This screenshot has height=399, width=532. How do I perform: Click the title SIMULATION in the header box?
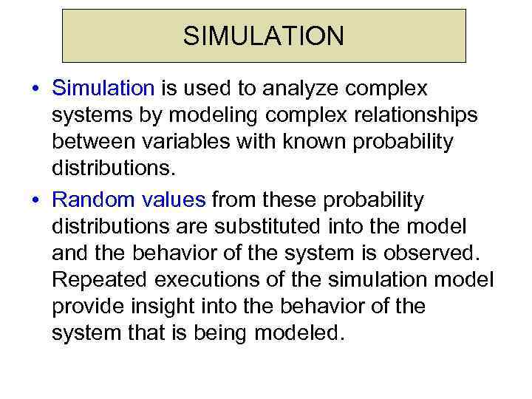coord(264,35)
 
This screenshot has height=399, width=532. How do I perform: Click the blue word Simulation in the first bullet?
coord(103,89)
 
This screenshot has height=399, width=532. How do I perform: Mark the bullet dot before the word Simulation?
coord(35,89)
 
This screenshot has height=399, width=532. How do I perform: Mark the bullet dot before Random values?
coord(35,200)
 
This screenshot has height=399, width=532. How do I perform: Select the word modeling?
coord(207,117)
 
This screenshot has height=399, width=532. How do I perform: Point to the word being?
coord(219,332)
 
